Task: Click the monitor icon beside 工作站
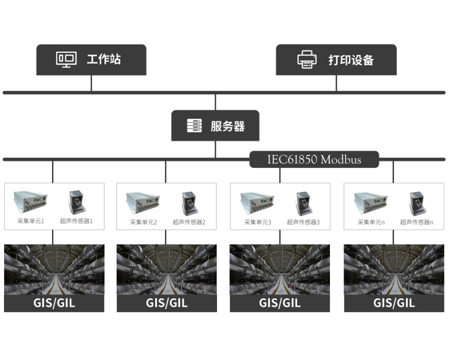66,59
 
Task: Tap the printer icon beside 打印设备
306,59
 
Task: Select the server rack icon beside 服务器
194,126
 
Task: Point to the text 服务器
227,126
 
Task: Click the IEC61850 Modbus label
314,160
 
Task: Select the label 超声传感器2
189,222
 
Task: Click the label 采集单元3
257,222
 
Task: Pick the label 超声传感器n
416,222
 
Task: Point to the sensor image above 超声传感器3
303,203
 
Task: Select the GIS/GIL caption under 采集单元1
54,303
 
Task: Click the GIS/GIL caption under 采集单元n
394,303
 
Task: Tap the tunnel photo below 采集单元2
166,269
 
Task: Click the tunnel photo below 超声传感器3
280,269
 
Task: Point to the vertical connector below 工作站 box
91,83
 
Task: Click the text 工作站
103,59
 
